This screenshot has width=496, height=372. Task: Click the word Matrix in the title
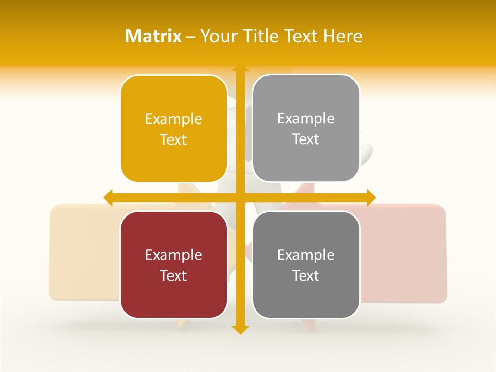(153, 36)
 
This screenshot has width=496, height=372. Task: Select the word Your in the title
(216, 36)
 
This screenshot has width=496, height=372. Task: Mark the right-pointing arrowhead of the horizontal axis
(370, 197)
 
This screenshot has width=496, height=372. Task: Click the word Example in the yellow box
(174, 119)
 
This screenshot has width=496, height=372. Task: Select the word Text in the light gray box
(306, 139)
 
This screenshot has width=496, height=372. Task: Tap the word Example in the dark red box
(174, 255)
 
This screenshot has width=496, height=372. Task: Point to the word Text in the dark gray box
(306, 275)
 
